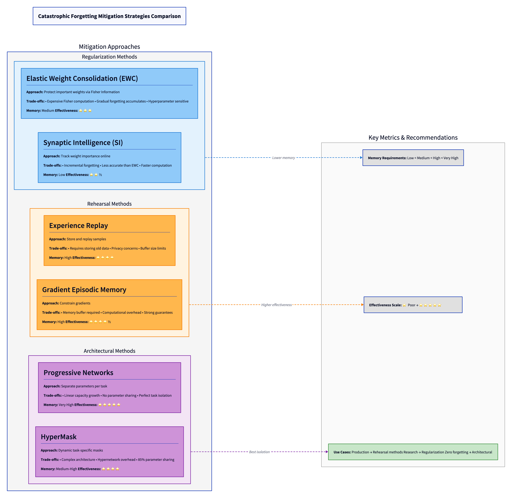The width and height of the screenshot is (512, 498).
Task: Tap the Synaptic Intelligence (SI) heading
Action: pos(83,143)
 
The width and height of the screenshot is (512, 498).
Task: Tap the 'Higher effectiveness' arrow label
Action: pos(276,305)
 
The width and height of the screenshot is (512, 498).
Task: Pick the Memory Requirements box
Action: pos(413,158)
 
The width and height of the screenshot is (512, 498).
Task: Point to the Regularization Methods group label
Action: pos(109,57)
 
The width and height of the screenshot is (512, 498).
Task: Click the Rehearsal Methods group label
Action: pos(109,204)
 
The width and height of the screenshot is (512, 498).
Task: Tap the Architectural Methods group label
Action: pos(109,351)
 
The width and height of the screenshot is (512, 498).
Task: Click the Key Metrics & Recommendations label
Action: pos(413,138)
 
